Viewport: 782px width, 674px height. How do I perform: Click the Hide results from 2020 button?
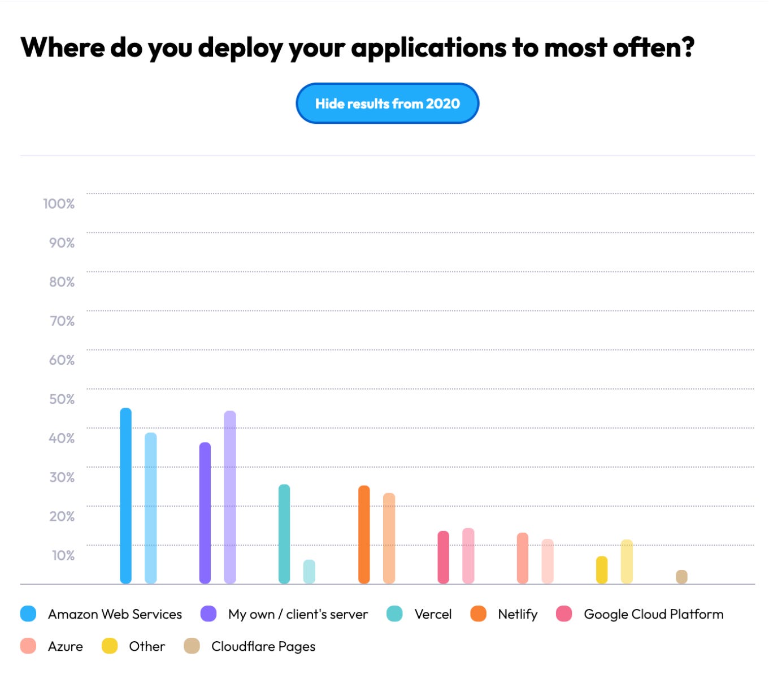pyautogui.click(x=387, y=103)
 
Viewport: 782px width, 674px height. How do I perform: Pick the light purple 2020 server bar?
pyautogui.click(x=230, y=497)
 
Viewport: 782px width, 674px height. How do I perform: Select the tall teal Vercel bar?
pyautogui.click(x=284, y=534)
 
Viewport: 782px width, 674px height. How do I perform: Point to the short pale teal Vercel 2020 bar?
pyautogui.click(x=309, y=572)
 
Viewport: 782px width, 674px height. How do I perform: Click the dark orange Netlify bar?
pyautogui.click(x=364, y=534)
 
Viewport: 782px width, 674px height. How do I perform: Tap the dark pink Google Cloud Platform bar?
pyautogui.click(x=444, y=557)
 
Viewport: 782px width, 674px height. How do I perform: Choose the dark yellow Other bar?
pyautogui.click(x=602, y=570)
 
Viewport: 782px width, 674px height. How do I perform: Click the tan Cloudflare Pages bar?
pyautogui.click(x=682, y=577)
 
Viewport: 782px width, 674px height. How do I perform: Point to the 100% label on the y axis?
pyautogui.click(x=59, y=204)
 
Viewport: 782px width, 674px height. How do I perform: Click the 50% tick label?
pyautogui.click(x=62, y=399)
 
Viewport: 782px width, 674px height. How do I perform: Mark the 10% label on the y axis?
pyautogui.click(x=63, y=555)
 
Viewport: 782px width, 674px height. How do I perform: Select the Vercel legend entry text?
pyautogui.click(x=433, y=614)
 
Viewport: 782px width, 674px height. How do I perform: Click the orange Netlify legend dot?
pyautogui.click(x=479, y=613)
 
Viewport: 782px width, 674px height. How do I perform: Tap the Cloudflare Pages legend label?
pyautogui.click(x=263, y=646)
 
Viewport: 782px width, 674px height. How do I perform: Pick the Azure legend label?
pyautogui.click(x=66, y=646)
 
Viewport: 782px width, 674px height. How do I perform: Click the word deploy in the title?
pyautogui.click(x=240, y=47)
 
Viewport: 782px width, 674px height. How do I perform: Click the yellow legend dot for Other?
pyautogui.click(x=110, y=646)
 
